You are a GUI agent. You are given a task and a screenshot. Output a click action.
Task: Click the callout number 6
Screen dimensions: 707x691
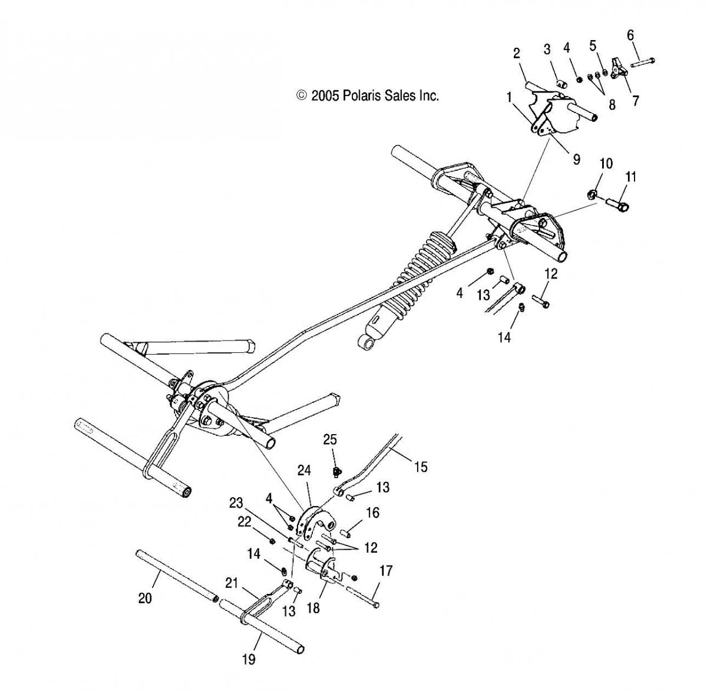click(x=630, y=35)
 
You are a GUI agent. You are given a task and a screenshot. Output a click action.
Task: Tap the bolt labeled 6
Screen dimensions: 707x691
click(x=642, y=62)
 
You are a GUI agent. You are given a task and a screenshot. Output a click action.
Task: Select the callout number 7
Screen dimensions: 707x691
click(x=636, y=101)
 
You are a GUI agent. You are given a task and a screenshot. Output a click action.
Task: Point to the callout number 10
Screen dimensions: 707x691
click(x=606, y=164)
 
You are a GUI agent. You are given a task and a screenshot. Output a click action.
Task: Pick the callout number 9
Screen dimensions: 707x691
click(x=576, y=160)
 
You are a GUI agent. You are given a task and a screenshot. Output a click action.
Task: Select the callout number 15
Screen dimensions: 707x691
click(x=421, y=467)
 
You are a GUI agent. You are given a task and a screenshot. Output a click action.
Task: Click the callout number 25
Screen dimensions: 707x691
click(x=331, y=440)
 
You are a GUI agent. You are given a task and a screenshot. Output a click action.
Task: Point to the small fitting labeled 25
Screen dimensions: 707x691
click(x=336, y=472)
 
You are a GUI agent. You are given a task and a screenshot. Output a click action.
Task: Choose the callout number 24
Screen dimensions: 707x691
click(x=305, y=471)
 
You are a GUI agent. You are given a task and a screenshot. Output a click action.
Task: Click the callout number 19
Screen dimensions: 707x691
click(x=249, y=659)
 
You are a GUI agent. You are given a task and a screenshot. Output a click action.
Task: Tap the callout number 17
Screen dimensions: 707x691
click(x=386, y=571)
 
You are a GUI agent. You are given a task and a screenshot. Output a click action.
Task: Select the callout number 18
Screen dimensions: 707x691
click(x=313, y=608)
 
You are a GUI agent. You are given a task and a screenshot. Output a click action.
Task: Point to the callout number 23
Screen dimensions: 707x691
click(x=236, y=503)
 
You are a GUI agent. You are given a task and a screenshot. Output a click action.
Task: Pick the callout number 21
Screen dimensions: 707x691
click(x=232, y=583)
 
